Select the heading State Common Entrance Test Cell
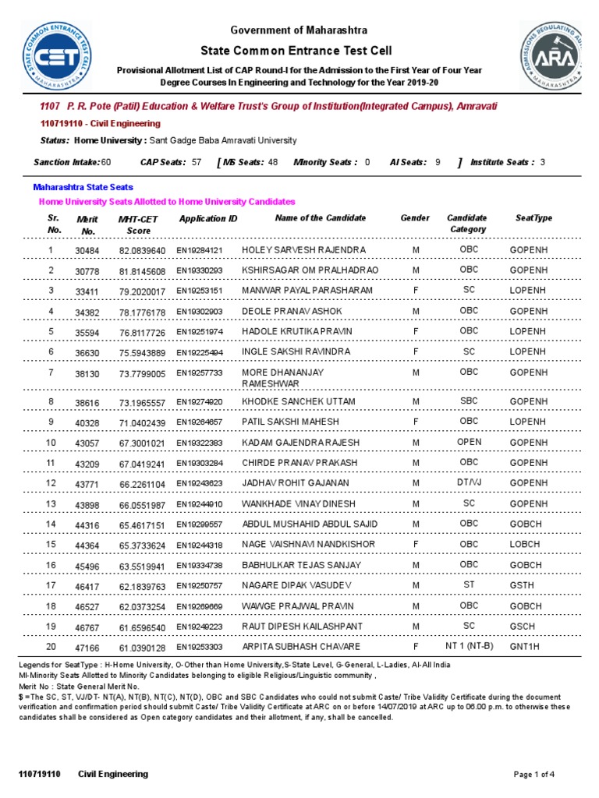click(x=299, y=51)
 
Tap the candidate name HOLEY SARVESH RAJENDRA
click(x=292, y=250)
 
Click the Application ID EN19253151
click(x=199, y=291)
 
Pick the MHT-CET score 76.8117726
click(x=142, y=332)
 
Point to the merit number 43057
click(x=87, y=443)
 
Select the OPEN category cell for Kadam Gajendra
click(x=469, y=442)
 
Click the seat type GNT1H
click(x=526, y=647)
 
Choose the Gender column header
click(x=415, y=218)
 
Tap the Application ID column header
click(x=208, y=219)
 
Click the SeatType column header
click(x=533, y=218)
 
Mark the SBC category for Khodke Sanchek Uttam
click(x=469, y=401)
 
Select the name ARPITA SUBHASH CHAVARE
click(x=290, y=647)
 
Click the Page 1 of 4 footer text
click(x=534, y=774)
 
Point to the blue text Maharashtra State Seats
click(x=83, y=187)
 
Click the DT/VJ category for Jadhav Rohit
click(x=469, y=483)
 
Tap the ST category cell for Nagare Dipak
click(x=469, y=584)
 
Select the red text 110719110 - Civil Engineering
click(x=100, y=123)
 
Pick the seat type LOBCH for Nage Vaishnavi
click(x=525, y=545)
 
